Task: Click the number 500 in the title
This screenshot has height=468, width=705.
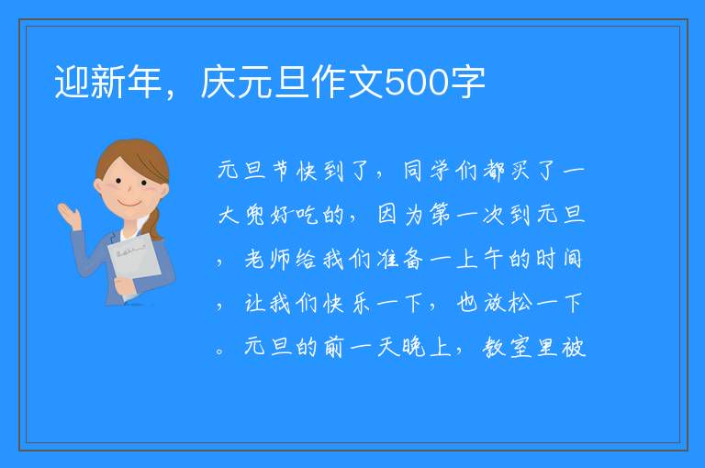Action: tap(417, 83)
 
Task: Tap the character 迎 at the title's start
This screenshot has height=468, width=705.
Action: tap(72, 82)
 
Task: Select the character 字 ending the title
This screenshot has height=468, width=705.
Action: tap(467, 82)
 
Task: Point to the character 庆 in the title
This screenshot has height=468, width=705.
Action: tap(218, 82)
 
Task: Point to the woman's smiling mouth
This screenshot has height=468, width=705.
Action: tap(129, 204)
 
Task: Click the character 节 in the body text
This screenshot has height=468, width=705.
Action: tap(282, 171)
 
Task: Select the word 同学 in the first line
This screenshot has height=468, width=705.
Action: tap(426, 171)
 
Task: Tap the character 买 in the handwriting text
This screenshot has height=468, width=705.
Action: tap(520, 171)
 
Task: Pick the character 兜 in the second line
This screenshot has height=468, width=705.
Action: tap(255, 215)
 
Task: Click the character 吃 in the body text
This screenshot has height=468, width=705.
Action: tap(308, 215)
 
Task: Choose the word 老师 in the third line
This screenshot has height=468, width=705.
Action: tap(268, 259)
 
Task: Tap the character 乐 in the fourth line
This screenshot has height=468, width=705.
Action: tap(361, 303)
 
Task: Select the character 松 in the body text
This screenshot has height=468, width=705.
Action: tap(520, 303)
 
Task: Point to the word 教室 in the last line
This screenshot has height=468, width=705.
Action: tap(507, 347)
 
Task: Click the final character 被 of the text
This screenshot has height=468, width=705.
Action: tap(573, 347)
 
